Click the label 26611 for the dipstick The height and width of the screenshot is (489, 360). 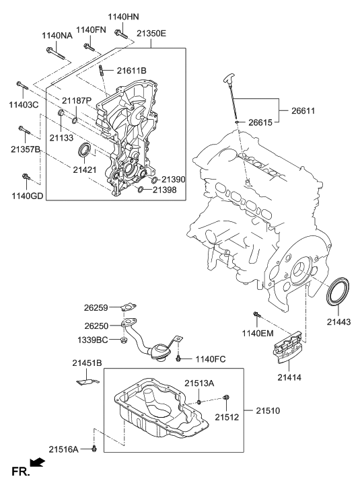[x=303, y=110]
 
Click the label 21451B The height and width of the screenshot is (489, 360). [x=87, y=363]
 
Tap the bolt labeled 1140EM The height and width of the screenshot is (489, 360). [x=256, y=315]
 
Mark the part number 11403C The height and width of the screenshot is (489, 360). [x=22, y=106]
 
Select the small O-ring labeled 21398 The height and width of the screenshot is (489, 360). [x=140, y=190]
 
